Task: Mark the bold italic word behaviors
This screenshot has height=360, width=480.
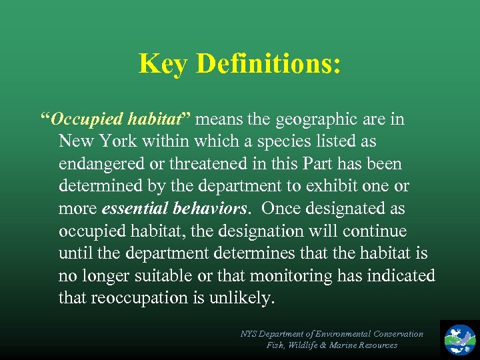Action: (209, 209)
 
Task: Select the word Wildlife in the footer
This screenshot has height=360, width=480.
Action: (310, 345)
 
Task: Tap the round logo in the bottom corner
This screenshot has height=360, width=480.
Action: (460, 338)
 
